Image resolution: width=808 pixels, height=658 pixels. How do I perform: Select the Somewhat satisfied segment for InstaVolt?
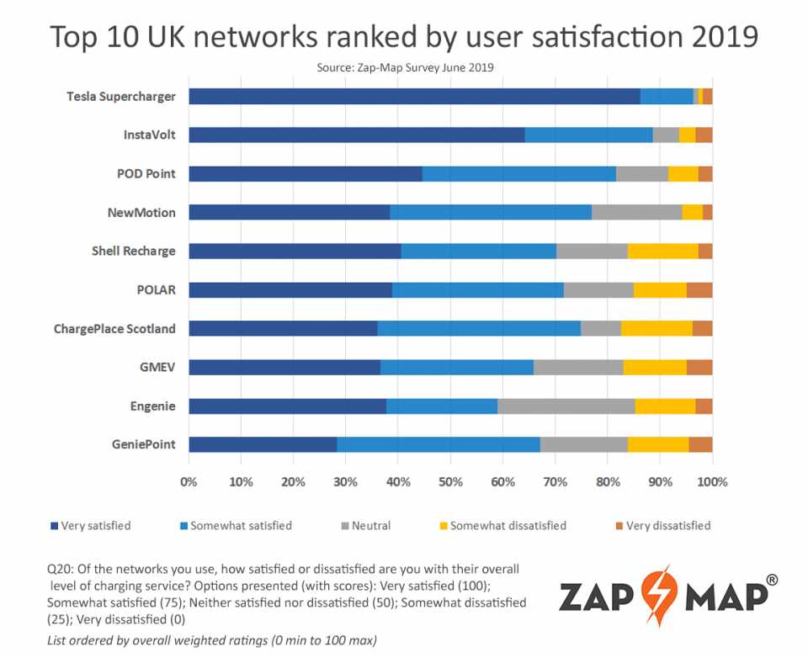[x=588, y=135]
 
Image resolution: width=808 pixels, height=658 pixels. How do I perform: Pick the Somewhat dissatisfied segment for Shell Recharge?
[x=662, y=251]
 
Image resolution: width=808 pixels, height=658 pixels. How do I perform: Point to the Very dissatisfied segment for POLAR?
[x=699, y=290]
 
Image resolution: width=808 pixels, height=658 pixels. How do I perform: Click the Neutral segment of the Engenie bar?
[x=566, y=406]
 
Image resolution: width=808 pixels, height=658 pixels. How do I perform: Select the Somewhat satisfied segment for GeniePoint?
[x=438, y=445]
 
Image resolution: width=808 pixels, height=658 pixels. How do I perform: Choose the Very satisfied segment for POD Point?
[x=305, y=174]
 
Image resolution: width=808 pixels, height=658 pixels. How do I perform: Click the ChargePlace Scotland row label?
[x=114, y=329]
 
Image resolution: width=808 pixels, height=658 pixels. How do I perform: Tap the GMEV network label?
[x=157, y=368]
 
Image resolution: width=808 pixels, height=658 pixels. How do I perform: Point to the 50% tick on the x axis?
[x=450, y=483]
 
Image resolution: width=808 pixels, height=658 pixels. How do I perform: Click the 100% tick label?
[x=712, y=483]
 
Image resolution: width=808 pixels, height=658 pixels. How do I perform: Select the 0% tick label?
[x=189, y=483]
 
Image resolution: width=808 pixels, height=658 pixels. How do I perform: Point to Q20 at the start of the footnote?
[x=59, y=569]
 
